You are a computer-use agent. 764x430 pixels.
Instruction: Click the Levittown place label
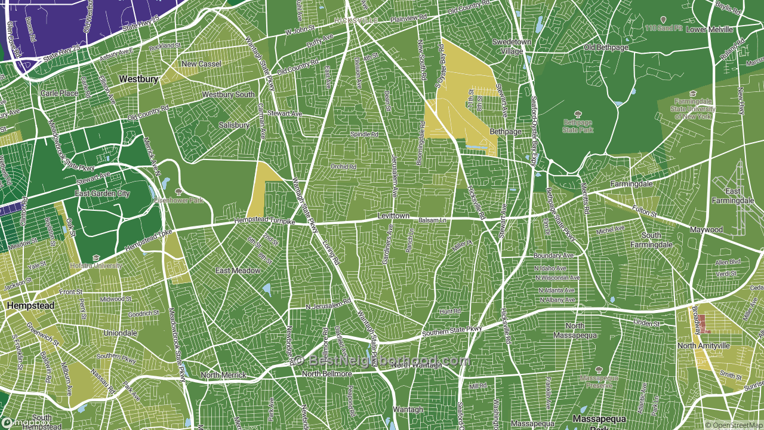click(393, 215)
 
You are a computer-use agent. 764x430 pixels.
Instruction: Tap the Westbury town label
click(138, 79)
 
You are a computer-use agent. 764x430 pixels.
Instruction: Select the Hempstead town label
click(30, 306)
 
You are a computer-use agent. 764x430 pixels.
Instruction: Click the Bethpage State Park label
click(578, 126)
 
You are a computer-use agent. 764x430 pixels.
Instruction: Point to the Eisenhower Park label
click(179, 200)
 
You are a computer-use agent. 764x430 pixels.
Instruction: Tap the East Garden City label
click(102, 193)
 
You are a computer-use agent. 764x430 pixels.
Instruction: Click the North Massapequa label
click(575, 330)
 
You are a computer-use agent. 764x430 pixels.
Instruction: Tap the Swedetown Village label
click(507, 47)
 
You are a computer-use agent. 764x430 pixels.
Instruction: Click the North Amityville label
click(703, 346)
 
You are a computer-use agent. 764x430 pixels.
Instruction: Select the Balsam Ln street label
click(432, 220)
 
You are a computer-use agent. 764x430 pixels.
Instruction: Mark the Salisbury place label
click(234, 125)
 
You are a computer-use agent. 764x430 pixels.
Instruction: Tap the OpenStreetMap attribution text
click(734, 425)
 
